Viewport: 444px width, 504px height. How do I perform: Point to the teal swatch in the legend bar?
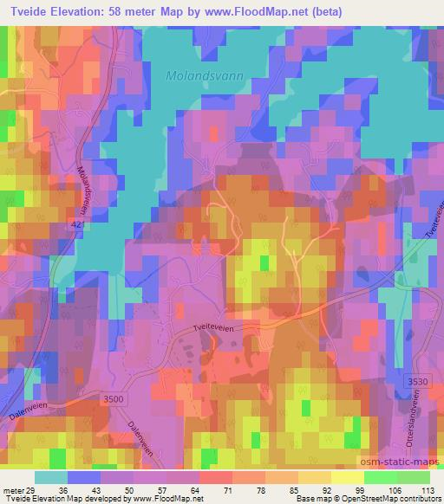(51, 477)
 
